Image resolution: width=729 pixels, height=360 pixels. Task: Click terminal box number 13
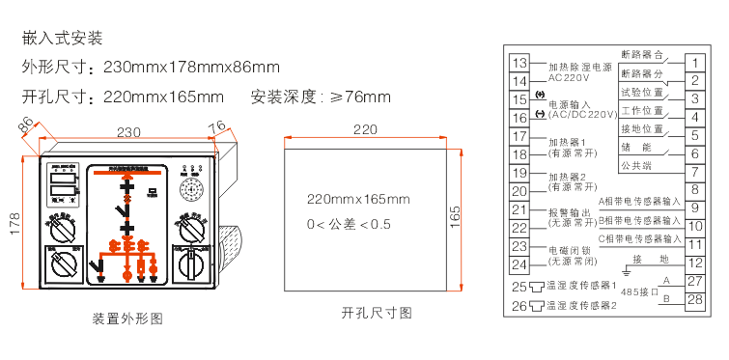click(x=519, y=63)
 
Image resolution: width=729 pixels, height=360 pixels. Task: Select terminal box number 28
click(x=694, y=299)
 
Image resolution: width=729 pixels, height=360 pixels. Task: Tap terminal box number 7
click(x=694, y=172)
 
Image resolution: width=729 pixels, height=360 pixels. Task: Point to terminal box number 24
click(x=519, y=264)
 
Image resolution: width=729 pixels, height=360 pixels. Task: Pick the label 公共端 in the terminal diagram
click(x=637, y=166)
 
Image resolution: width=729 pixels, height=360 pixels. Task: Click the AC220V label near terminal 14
click(x=568, y=77)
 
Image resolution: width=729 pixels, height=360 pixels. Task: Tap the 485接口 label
click(x=638, y=291)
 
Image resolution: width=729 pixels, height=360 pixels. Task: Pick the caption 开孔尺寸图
click(x=377, y=313)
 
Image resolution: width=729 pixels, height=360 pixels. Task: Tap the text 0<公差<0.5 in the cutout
click(x=349, y=224)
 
